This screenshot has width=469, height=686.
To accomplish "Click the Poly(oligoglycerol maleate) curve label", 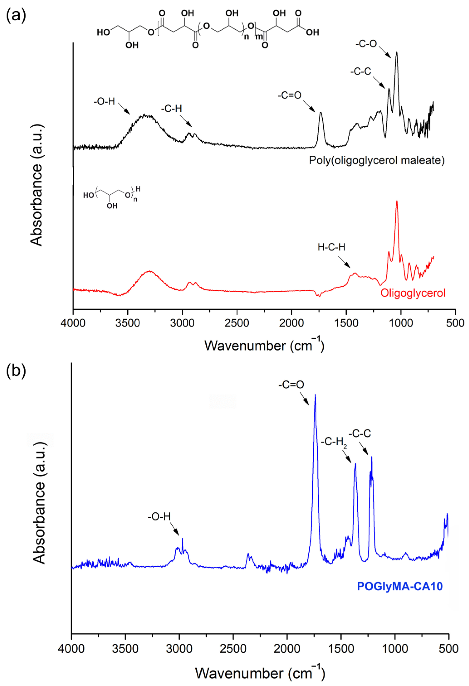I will [x=377, y=161].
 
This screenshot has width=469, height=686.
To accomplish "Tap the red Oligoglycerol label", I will [x=413, y=293].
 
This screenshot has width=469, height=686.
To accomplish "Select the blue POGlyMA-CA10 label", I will [x=400, y=586].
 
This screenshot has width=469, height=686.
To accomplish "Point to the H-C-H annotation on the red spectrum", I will [x=331, y=247].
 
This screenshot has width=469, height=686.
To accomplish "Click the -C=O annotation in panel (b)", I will [x=291, y=385].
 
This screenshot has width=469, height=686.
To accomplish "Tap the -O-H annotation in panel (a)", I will [x=104, y=102].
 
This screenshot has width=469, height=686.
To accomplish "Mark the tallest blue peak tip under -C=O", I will [x=315, y=395].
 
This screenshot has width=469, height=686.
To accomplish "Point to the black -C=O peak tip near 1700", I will [x=321, y=112].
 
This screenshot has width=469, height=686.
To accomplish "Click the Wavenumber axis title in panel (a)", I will [x=264, y=345].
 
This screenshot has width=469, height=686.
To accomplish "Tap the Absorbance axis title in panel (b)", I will [x=39, y=503].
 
